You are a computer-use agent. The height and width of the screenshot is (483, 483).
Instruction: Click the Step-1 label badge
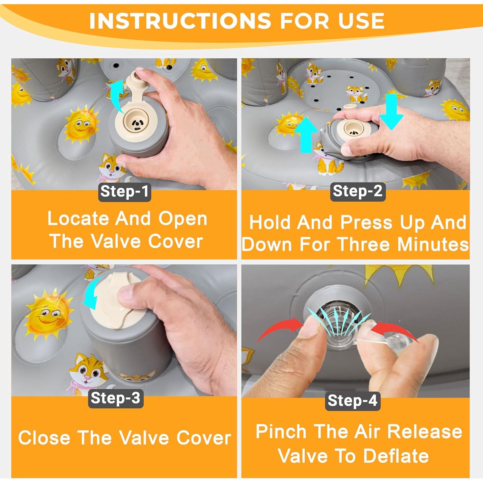125,192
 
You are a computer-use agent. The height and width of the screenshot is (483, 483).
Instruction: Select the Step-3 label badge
116,398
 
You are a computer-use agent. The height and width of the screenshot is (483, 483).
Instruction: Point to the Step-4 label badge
353,401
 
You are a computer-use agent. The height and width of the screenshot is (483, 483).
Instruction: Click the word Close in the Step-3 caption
44,438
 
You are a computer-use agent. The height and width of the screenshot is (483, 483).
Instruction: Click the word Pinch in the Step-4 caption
281,432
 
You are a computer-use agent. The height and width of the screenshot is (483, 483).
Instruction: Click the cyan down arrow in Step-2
391,111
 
